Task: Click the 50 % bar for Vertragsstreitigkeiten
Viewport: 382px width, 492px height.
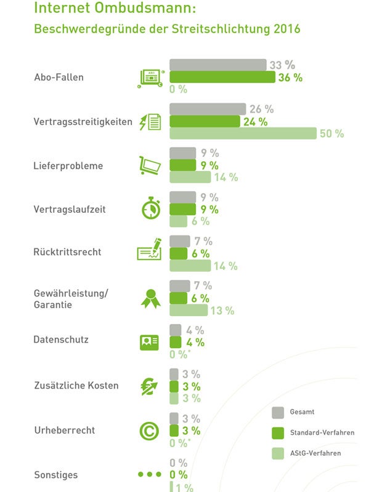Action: coord(243,133)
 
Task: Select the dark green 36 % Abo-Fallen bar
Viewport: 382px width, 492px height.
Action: coord(222,77)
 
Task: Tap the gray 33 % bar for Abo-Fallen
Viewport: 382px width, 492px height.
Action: coord(217,65)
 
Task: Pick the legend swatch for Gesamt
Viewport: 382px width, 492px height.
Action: coord(278,411)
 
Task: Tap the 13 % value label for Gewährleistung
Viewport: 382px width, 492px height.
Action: coord(222,311)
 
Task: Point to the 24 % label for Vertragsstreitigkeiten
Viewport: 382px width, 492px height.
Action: coord(255,122)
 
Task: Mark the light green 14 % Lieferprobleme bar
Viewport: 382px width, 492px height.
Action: coord(190,178)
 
